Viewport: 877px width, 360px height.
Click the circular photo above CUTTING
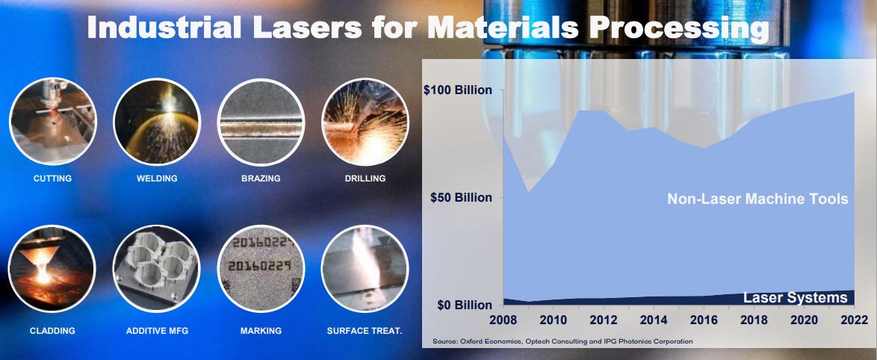pos(52,122)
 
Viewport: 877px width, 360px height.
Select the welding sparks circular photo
pos(157,122)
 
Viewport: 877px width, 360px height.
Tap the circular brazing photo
pos(261,122)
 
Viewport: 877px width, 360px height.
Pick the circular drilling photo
pos(365,122)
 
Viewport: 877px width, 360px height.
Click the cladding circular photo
pos(52,268)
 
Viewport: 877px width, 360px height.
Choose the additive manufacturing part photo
pos(157,268)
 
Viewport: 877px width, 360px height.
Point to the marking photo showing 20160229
pos(261,268)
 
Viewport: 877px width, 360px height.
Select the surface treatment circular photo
pos(365,268)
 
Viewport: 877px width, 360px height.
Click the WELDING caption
pos(157,179)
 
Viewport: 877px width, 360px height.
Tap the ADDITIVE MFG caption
pos(157,331)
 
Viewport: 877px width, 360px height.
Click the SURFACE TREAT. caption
pos(365,331)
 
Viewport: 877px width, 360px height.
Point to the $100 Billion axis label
pos(458,90)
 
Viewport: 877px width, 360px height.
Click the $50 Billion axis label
pos(462,198)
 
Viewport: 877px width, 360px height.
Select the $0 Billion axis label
pos(465,305)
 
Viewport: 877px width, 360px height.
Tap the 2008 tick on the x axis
pos(503,320)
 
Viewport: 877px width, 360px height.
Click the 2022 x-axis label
pos(853,320)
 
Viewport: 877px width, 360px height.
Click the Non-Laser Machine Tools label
pos(758,199)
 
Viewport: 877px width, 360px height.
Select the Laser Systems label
pos(796,298)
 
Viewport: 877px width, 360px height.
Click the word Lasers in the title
pos(306,28)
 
